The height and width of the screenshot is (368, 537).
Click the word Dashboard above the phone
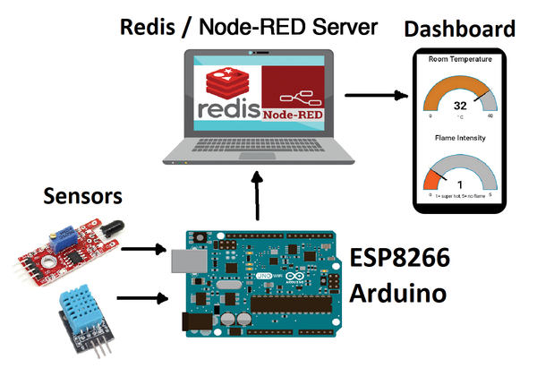[x=460, y=30]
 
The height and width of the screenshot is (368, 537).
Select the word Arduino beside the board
[x=396, y=295]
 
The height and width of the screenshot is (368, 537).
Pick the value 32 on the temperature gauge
[x=462, y=103]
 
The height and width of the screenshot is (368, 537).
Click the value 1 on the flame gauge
[x=461, y=184]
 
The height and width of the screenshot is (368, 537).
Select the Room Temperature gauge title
[x=461, y=60]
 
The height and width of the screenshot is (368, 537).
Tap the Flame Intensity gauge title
[x=461, y=138]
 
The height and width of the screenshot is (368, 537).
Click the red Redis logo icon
[x=226, y=83]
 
